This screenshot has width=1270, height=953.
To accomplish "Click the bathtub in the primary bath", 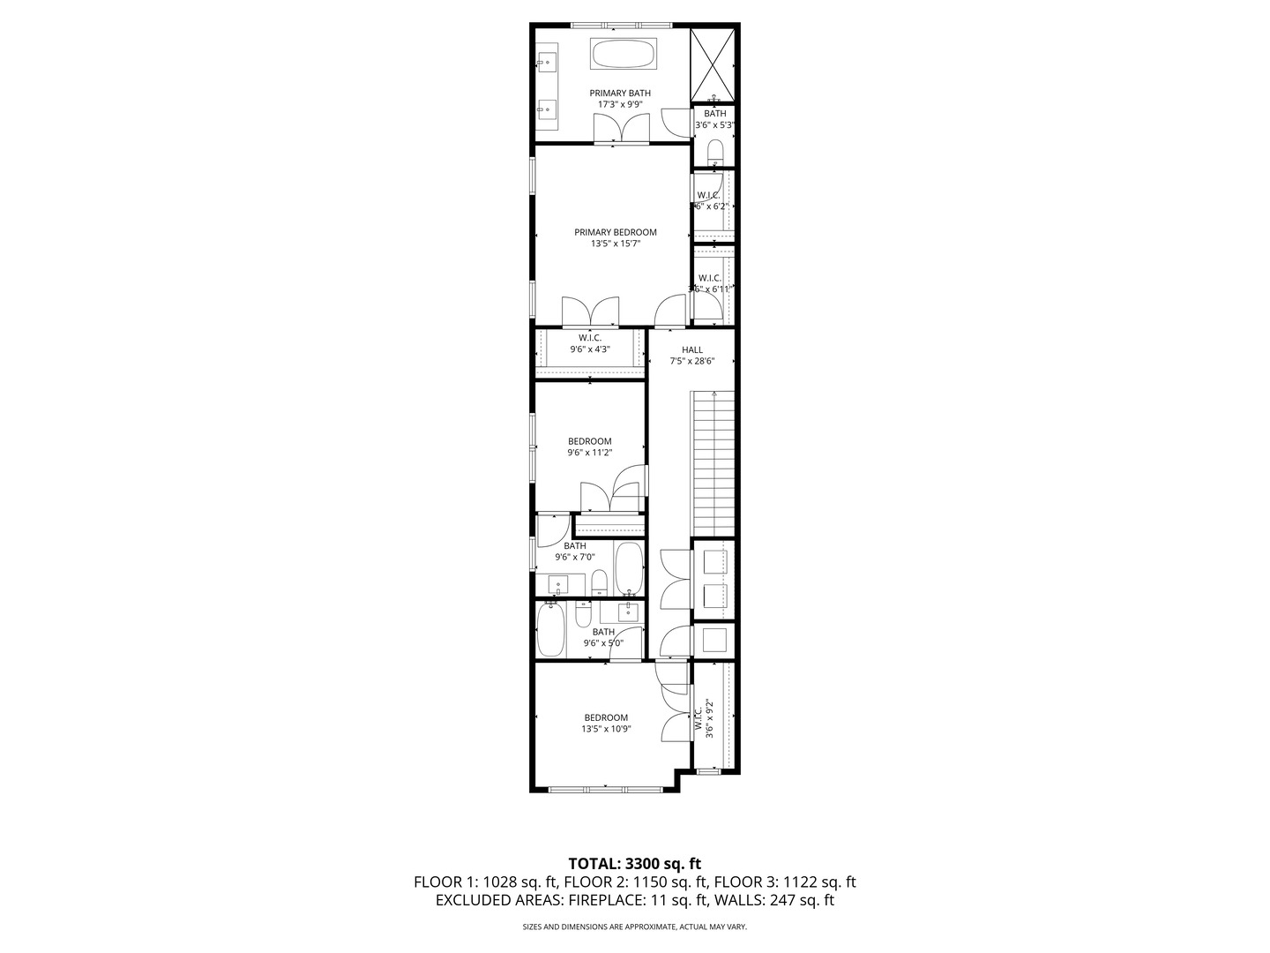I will pyautogui.click(x=623, y=55).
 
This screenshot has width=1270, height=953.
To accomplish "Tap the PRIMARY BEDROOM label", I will pyautogui.click(x=615, y=233).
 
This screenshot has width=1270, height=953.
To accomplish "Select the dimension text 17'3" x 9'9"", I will pyautogui.click(x=620, y=104).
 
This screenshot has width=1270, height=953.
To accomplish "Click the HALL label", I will pyautogui.click(x=691, y=349).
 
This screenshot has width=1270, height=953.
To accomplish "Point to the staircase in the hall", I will pyautogui.click(x=713, y=459).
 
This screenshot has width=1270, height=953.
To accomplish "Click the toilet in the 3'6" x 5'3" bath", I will pyautogui.click(x=715, y=153).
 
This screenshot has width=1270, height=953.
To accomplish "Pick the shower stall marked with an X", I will pyautogui.click(x=713, y=64).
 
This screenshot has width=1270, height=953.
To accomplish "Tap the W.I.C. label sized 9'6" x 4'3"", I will pyautogui.click(x=590, y=338).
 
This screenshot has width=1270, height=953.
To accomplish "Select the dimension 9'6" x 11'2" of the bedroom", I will pyautogui.click(x=589, y=453).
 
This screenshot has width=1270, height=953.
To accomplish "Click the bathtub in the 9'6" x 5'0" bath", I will pyautogui.click(x=550, y=630).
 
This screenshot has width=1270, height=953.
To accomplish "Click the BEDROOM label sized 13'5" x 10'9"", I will pyautogui.click(x=606, y=717).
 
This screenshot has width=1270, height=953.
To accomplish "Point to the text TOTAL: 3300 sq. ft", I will pyautogui.click(x=634, y=863).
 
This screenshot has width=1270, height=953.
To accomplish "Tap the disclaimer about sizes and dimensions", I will pyautogui.click(x=634, y=927).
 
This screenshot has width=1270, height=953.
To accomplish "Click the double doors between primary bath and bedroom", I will pyautogui.click(x=622, y=130).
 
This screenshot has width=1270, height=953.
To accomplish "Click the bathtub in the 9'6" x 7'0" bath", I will pyautogui.click(x=629, y=568).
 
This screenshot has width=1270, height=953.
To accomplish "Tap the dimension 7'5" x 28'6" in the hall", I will pyautogui.click(x=691, y=361).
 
